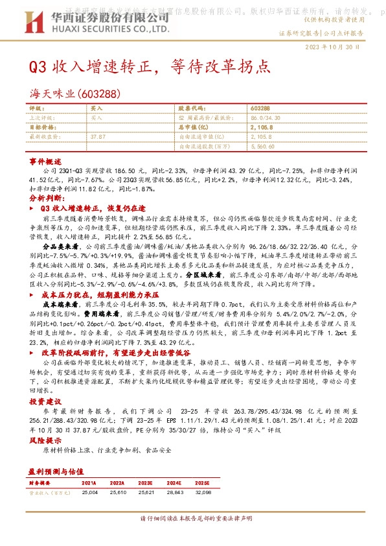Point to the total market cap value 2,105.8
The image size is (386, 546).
tap(262, 128)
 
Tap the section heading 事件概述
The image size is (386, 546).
tap(45, 160)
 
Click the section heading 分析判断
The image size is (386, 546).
tap(45, 198)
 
